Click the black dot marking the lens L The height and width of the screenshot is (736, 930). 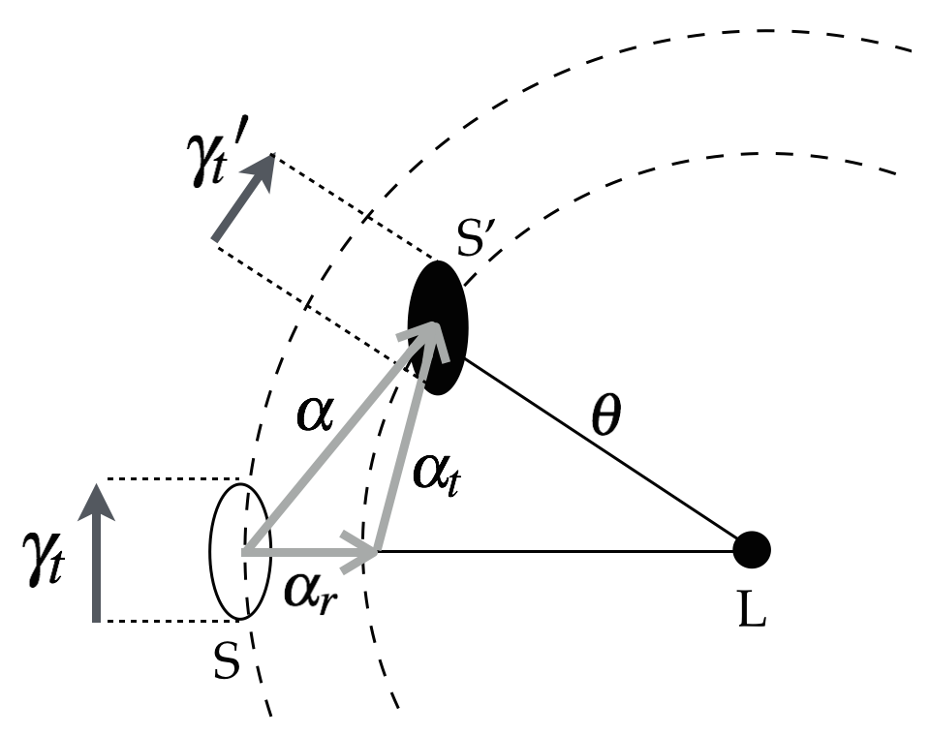tap(751, 550)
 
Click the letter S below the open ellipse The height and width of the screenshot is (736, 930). tap(226, 664)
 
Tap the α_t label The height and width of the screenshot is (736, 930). tap(435, 475)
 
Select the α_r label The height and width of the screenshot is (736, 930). tap(309, 589)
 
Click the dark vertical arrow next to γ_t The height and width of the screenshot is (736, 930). tap(95, 552)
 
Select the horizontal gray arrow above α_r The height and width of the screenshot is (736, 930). tap(310, 551)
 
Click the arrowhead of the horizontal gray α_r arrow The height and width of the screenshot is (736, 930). tap(366, 551)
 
